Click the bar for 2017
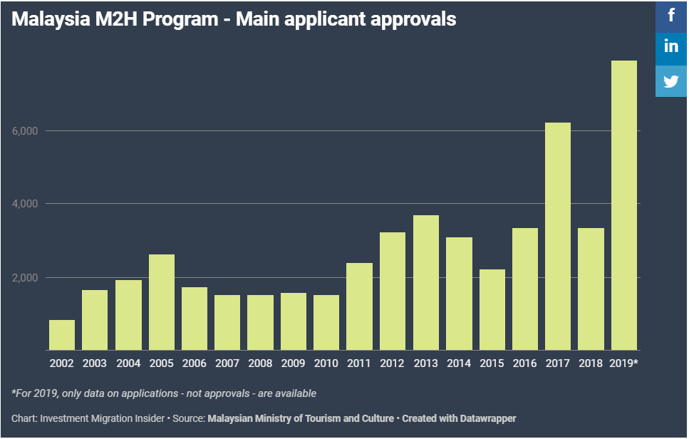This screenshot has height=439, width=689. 557,236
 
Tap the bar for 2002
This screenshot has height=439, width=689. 62,335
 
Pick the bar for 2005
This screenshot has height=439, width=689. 162,302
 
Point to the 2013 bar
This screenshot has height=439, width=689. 426,282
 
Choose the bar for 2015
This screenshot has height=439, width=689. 492,309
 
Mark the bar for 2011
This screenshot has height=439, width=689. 359,306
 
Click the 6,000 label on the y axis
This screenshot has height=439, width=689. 25,131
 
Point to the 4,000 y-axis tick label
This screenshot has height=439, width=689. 25,204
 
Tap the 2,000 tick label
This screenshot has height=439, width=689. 25,277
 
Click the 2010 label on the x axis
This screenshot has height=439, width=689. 326,363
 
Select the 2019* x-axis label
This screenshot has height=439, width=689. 624,363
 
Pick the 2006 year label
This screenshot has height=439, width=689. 194,363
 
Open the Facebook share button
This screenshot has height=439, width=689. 671,15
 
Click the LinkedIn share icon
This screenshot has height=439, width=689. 671,47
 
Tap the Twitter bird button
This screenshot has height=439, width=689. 671,81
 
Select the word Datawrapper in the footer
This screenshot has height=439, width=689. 484,418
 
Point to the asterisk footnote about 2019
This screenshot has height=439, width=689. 164,393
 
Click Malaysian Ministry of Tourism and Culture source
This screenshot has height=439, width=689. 300,418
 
